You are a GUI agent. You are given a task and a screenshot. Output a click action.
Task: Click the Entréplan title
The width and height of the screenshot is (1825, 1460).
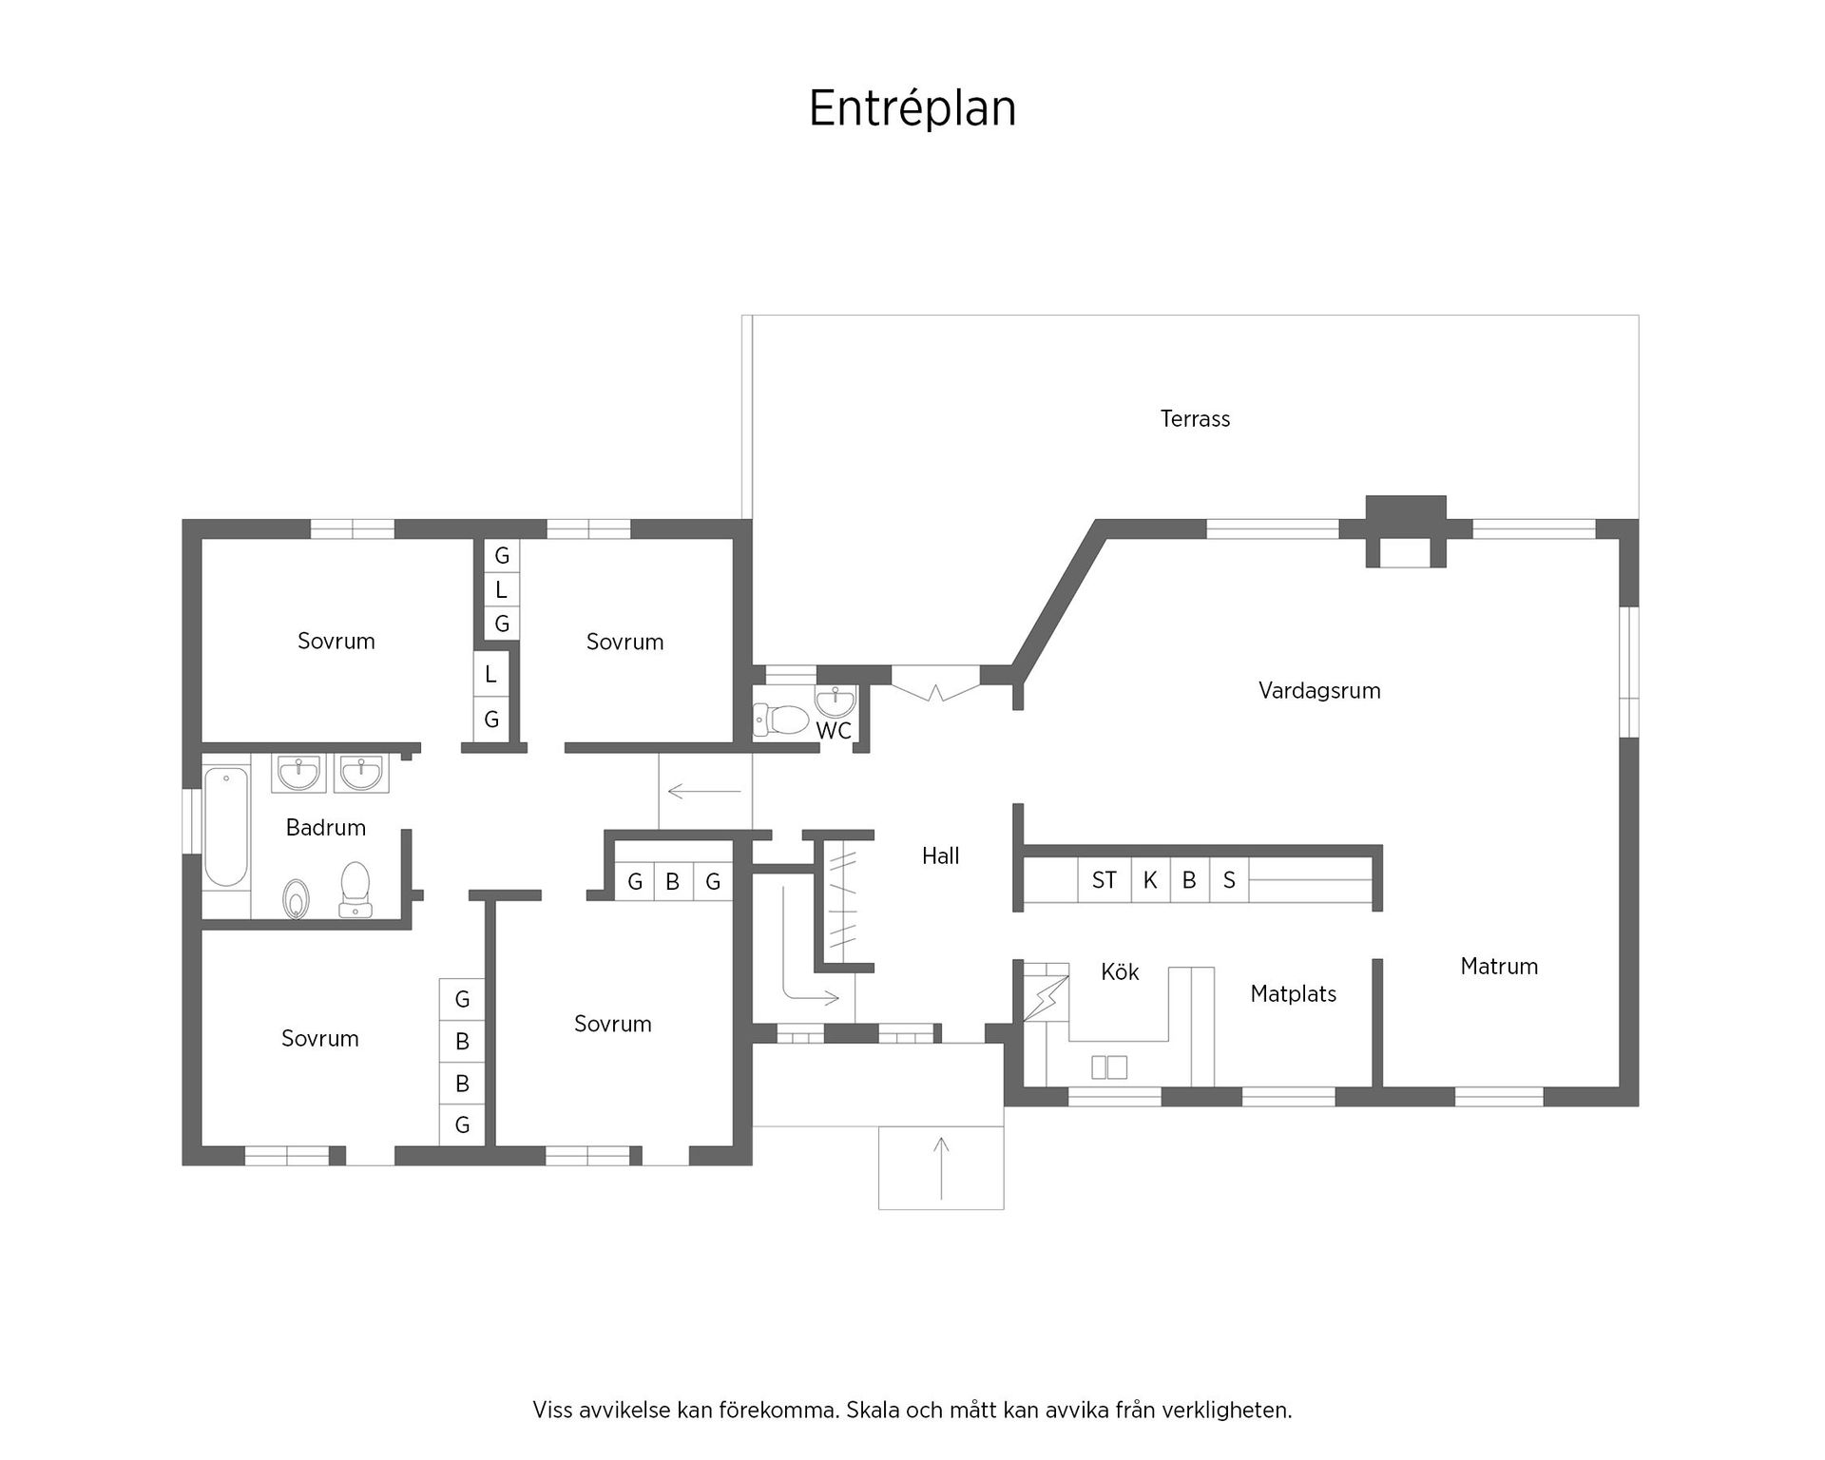912,108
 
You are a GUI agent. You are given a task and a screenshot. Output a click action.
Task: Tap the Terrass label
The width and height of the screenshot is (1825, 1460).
1195,419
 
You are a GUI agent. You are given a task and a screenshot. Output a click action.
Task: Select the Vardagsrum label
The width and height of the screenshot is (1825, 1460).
1318,691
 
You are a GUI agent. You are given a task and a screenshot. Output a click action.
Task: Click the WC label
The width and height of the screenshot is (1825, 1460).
834,731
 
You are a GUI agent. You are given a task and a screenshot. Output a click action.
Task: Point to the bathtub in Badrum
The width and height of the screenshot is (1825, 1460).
226,827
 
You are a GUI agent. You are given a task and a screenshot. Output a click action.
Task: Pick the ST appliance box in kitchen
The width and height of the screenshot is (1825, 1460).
1104,881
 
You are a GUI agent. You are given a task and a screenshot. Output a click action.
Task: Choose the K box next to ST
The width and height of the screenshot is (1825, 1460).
1150,881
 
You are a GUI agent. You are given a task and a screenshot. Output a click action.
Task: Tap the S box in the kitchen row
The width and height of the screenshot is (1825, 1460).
1229,881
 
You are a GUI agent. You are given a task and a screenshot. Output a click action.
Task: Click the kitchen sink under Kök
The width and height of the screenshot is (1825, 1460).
1109,1066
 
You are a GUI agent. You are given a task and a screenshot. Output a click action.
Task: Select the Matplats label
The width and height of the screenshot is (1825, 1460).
1293,994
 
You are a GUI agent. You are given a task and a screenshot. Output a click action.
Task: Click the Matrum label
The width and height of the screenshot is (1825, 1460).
1498,967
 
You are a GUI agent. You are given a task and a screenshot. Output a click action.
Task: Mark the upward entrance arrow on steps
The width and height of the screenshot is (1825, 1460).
941,1168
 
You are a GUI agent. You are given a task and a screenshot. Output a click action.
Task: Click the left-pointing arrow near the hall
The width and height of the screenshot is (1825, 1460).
704,791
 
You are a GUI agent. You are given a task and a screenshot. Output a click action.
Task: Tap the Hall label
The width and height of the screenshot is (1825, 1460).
940,856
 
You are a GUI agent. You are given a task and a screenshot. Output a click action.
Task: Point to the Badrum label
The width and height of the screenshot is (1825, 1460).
325,828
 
